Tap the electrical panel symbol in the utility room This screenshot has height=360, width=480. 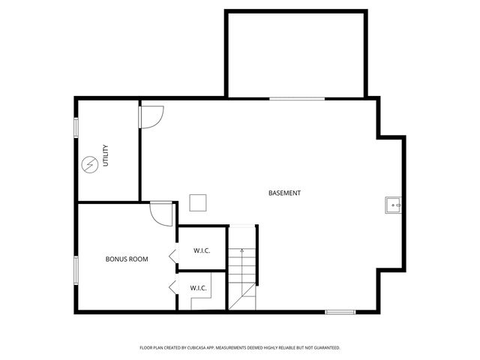click(89, 164)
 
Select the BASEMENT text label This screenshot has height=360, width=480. click(284, 193)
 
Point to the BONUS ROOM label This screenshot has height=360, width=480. click(126, 259)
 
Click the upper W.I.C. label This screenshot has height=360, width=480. click(201, 250)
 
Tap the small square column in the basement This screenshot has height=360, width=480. click(198, 202)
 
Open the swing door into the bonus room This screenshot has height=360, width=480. click(161, 212)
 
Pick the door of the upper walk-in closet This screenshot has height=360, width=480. click(172, 256)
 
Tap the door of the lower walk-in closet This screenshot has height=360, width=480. click(172, 286)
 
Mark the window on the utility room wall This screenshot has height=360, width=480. click(76, 127)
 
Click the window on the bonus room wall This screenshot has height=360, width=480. click(76, 271)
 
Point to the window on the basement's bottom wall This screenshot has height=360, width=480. click(340, 311)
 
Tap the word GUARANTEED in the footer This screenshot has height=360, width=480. click(325, 348)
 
